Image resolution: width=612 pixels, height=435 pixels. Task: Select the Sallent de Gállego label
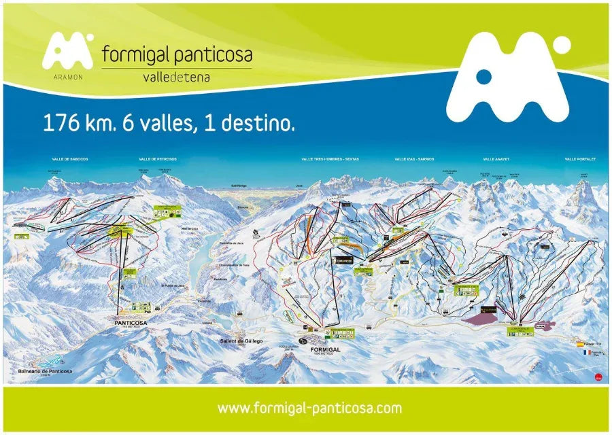241,341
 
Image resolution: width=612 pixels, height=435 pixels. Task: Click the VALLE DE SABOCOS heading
70,159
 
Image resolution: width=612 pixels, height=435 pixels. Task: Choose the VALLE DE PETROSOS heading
157,159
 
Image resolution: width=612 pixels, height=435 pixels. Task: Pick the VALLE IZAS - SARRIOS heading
414,159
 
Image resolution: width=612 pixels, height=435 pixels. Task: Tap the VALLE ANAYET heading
496,159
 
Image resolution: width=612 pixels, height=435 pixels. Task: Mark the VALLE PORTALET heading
579,159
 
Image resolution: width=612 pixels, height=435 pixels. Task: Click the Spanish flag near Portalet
580,345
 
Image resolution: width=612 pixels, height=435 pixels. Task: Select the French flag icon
580,354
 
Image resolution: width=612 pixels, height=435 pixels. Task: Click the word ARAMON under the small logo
67,77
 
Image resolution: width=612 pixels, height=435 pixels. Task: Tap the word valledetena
176,77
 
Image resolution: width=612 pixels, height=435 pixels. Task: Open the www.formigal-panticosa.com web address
309,408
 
